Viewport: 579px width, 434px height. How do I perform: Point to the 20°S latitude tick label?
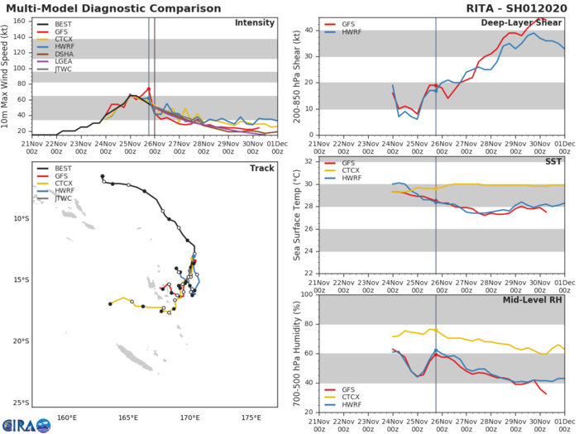tap(19, 341)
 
